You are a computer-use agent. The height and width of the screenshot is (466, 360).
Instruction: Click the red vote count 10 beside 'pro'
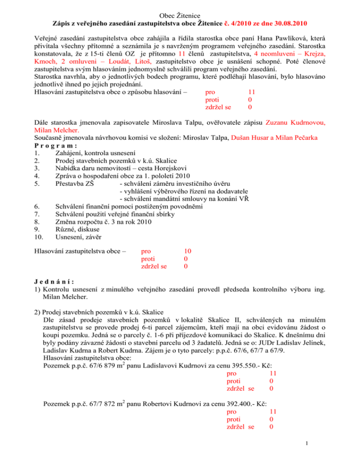pos(187,251)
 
